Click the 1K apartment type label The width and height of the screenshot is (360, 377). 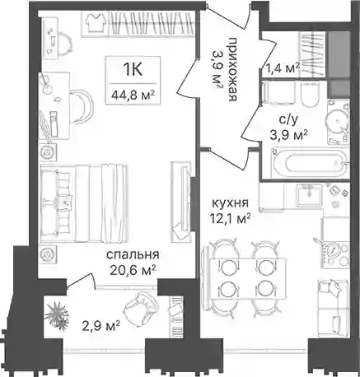click(133, 70)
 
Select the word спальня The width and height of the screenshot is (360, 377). click(133, 255)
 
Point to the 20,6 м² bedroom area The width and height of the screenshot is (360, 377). click(133, 270)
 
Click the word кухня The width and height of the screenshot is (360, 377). click(230, 203)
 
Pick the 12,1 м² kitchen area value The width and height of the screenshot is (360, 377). click(230, 219)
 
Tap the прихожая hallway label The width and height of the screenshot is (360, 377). click(232, 70)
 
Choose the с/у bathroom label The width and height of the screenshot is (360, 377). click(288, 120)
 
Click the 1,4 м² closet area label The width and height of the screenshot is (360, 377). click(283, 67)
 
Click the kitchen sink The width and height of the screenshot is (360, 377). click(309, 195)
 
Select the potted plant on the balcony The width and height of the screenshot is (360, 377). click(57, 314)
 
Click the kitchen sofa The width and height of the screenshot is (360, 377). click(333, 309)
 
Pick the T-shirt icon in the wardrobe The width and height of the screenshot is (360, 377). click(95, 22)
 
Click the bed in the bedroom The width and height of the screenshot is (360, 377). click(84, 203)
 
